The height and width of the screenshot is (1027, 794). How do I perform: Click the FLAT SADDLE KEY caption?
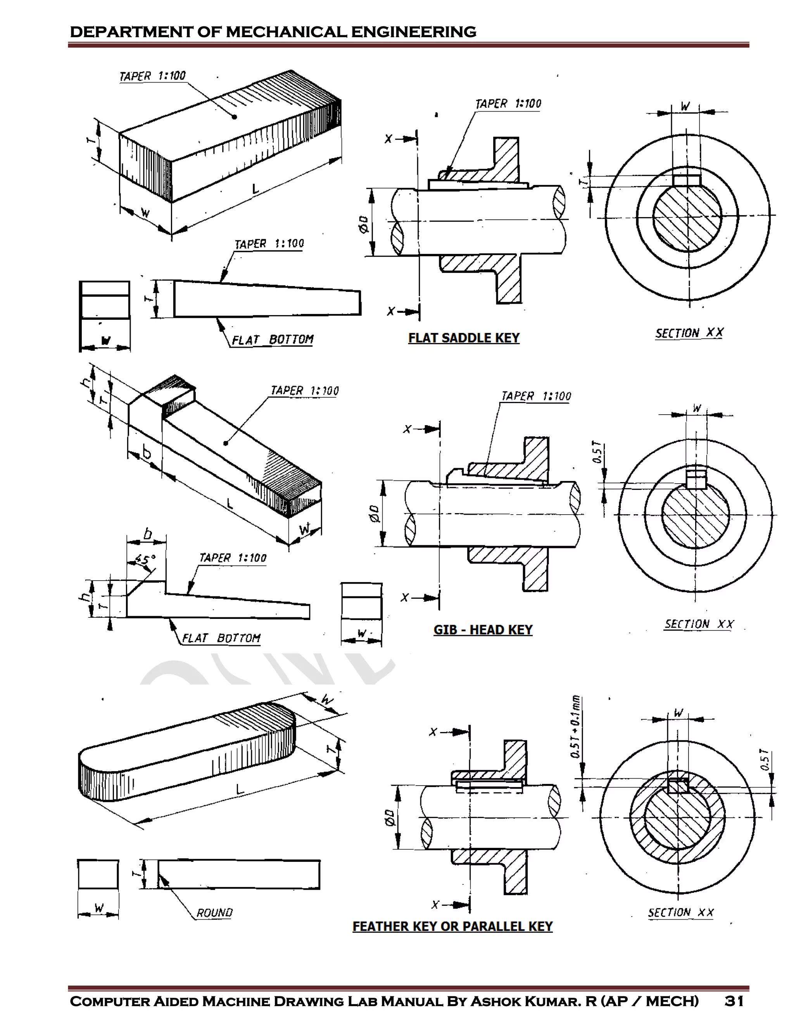click(463, 338)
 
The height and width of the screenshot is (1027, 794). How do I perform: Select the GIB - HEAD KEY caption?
click(483, 630)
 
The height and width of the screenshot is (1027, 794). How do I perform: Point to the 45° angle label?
click(145, 560)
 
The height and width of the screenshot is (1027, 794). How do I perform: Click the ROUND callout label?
click(214, 913)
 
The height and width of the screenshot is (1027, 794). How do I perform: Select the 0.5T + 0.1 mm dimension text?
click(576, 727)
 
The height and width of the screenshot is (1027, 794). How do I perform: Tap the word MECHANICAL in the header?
click(287, 32)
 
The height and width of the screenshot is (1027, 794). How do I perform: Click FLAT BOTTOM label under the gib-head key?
click(221, 638)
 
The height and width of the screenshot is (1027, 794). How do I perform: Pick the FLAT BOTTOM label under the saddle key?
click(272, 339)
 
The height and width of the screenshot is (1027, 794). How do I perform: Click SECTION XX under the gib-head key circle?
click(699, 624)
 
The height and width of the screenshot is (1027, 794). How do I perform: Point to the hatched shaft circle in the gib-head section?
click(695, 515)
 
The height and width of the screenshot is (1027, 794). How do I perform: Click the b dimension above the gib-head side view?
click(147, 534)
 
